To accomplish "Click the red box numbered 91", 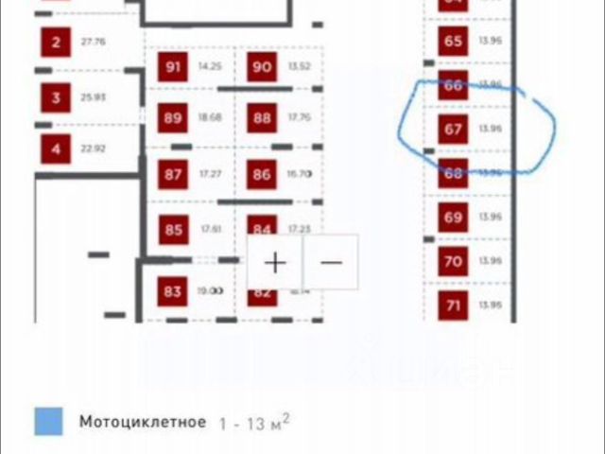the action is click(x=173, y=67).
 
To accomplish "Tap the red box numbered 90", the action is click(x=262, y=67).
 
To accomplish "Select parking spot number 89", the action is click(x=173, y=118).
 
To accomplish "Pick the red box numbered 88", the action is click(x=262, y=118).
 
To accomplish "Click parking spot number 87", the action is click(x=173, y=175).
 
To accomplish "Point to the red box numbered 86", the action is click(x=262, y=175).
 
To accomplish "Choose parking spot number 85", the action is click(x=173, y=230).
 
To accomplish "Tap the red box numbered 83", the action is click(x=172, y=292).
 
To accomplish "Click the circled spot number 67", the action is click(x=454, y=129).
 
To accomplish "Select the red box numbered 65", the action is click(x=454, y=42).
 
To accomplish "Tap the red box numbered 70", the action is click(x=454, y=262).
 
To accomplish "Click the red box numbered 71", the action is click(x=454, y=306).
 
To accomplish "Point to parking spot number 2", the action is click(x=56, y=43).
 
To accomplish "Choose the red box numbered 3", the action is click(x=56, y=97).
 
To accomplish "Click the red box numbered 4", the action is click(x=56, y=148).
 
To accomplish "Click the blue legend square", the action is click(x=48, y=421).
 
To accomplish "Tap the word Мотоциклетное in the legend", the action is click(x=142, y=421).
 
